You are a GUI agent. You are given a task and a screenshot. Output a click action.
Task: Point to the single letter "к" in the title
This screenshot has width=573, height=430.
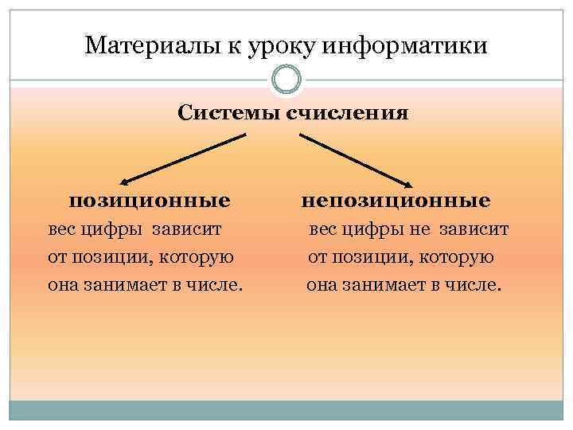(231, 46)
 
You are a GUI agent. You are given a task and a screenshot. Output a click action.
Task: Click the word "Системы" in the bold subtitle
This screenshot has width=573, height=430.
(224, 112)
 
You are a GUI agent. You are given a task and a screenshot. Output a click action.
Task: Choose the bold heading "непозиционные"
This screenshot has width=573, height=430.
(396, 199)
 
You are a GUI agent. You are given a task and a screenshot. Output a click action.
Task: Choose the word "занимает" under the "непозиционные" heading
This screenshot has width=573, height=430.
(385, 284)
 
